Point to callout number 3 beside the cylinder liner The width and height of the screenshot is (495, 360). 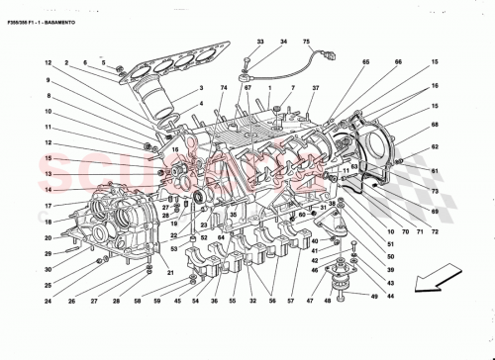[x=201, y=88]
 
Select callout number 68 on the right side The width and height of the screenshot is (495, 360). [x=434, y=125]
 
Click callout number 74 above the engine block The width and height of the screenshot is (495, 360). [x=225, y=88]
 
